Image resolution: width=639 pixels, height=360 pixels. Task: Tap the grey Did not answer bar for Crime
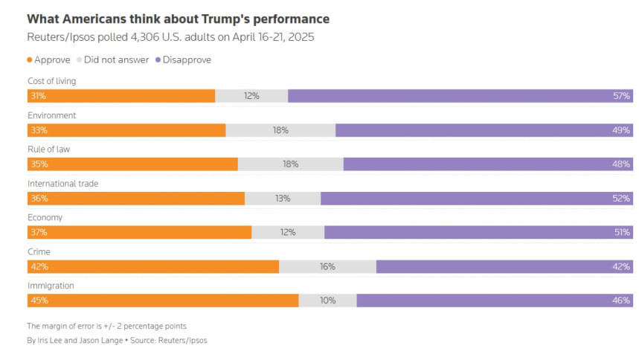[x=327, y=266]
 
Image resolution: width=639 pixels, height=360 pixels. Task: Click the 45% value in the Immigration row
[x=38, y=300]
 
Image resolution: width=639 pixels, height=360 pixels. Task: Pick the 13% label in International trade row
[x=282, y=199]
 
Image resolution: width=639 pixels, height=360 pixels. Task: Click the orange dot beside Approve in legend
[x=30, y=60]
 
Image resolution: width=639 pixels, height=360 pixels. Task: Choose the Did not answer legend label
[x=116, y=60]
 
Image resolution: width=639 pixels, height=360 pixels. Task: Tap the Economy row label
[x=45, y=217]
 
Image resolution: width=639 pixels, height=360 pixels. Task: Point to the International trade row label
[x=63, y=183]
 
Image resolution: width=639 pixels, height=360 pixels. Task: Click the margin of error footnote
[x=106, y=326]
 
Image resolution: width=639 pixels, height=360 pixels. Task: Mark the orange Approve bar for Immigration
[x=164, y=300]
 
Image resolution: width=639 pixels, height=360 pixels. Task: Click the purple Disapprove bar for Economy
[x=476, y=232]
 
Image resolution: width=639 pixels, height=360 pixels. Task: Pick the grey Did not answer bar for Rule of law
[x=290, y=164]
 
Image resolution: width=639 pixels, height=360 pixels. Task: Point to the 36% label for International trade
[x=38, y=199]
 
